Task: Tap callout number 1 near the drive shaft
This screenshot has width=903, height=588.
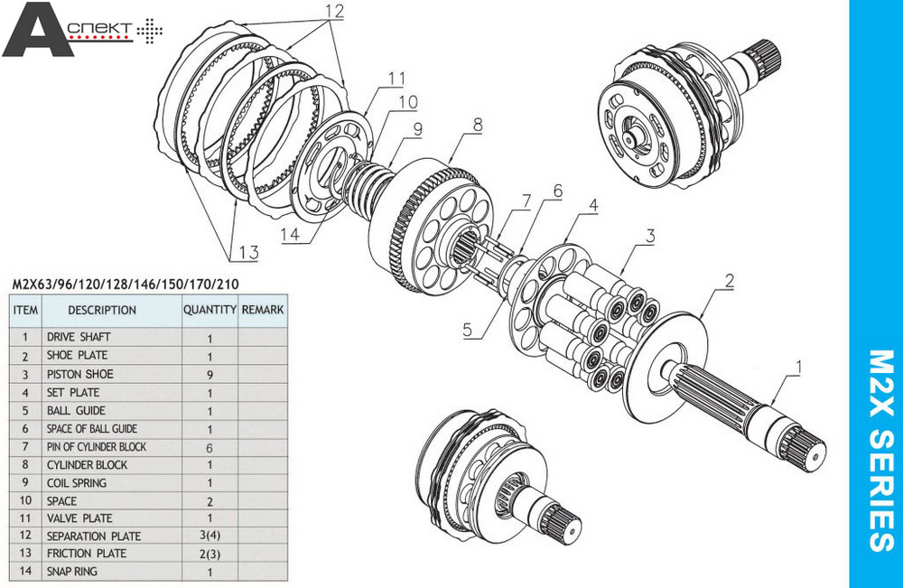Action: (797, 367)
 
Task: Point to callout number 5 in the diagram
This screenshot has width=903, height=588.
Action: (467, 330)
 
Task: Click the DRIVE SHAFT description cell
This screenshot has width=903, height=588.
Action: (79, 337)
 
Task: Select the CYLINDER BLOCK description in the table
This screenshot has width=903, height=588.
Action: (87, 464)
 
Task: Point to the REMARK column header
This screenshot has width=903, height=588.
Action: (262, 309)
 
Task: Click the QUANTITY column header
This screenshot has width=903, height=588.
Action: (209, 309)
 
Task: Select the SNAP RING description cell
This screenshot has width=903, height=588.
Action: (72, 572)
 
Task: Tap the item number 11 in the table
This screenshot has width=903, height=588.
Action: (25, 518)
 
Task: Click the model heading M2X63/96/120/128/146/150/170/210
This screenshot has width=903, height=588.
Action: (126, 285)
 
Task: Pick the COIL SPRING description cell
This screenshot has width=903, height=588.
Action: (77, 482)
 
